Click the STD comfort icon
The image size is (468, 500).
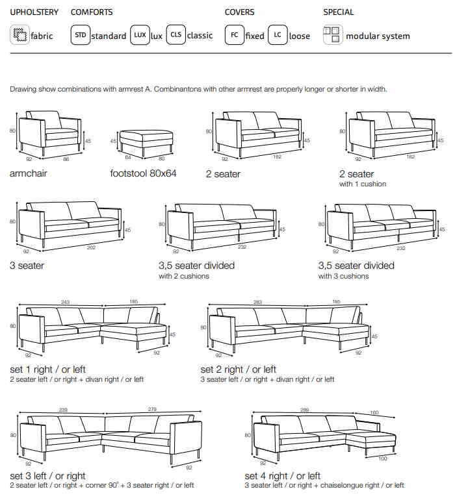coord(80,35)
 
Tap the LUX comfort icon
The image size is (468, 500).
coord(140,35)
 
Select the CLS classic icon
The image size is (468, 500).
coord(175,35)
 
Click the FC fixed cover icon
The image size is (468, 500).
coord(234,35)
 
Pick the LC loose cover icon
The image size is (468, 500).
coord(278,35)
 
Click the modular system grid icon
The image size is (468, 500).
coord(333,35)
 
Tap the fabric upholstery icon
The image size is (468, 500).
coord(19,35)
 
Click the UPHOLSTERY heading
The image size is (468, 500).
coord(34,12)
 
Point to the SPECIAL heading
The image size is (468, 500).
coord(339,12)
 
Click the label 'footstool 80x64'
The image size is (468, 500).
coord(144,173)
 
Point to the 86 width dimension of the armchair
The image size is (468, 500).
coord(66,158)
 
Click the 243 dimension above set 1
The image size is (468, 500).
coord(64,301)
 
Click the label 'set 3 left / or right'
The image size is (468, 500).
coord(47,476)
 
